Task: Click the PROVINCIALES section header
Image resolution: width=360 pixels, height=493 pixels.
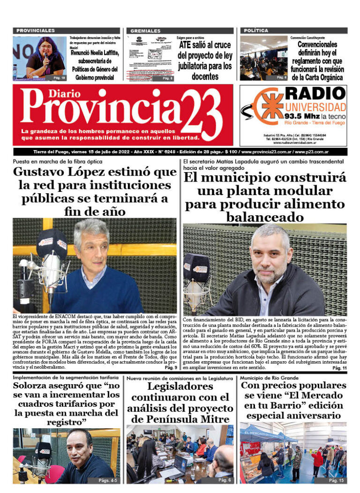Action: point(36,30)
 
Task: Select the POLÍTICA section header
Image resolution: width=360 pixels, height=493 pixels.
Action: point(256,30)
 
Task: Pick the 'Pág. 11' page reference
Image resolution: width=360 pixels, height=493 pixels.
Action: point(339,369)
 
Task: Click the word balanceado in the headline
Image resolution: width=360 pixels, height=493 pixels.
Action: point(265,217)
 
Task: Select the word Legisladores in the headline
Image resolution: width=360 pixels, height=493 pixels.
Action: point(180,387)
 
